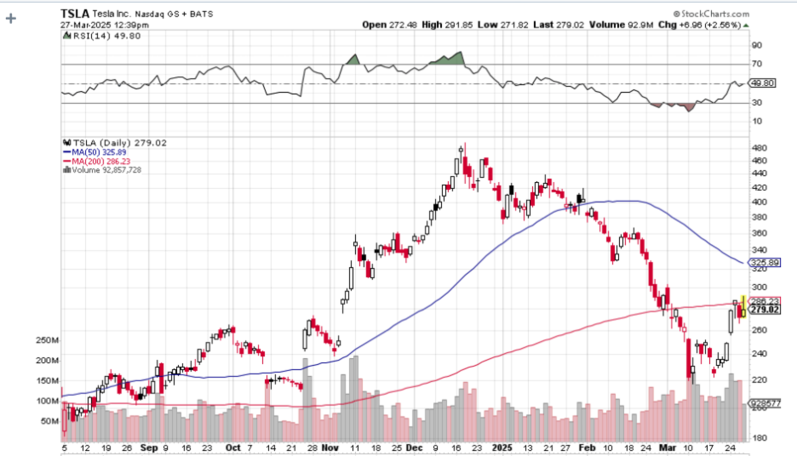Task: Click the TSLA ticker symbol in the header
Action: tap(75, 14)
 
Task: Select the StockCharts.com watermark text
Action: tap(714, 14)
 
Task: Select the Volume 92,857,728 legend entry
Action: tap(104, 169)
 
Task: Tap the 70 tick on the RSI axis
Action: tap(755, 64)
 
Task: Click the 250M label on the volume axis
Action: tap(48, 339)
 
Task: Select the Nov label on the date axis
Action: tap(331, 446)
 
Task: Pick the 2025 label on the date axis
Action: tap(504, 446)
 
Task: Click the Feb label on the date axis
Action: tap(588, 446)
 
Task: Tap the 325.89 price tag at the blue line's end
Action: tap(766, 263)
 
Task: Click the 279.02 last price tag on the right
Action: tap(765, 311)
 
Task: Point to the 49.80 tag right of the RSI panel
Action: tap(763, 83)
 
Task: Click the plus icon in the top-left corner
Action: tap(11, 16)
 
